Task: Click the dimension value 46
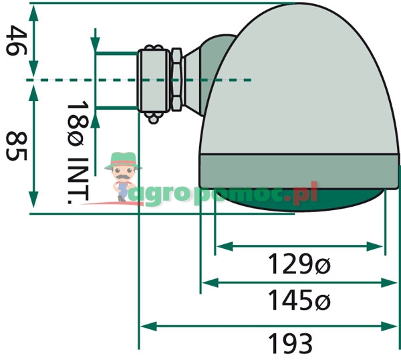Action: (x=16, y=40)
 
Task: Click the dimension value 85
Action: (x=16, y=146)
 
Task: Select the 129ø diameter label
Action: (x=299, y=264)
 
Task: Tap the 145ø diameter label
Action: (x=299, y=300)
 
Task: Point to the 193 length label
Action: (x=290, y=344)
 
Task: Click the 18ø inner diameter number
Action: (x=78, y=124)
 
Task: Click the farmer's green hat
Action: (x=123, y=160)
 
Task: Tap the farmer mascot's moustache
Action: (x=124, y=177)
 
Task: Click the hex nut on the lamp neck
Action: (x=176, y=80)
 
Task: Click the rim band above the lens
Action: (x=299, y=171)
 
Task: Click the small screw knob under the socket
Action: (x=154, y=118)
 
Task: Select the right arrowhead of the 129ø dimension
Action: (x=375, y=246)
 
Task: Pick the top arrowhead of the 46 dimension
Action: (x=34, y=13)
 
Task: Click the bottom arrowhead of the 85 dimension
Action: (x=34, y=199)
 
